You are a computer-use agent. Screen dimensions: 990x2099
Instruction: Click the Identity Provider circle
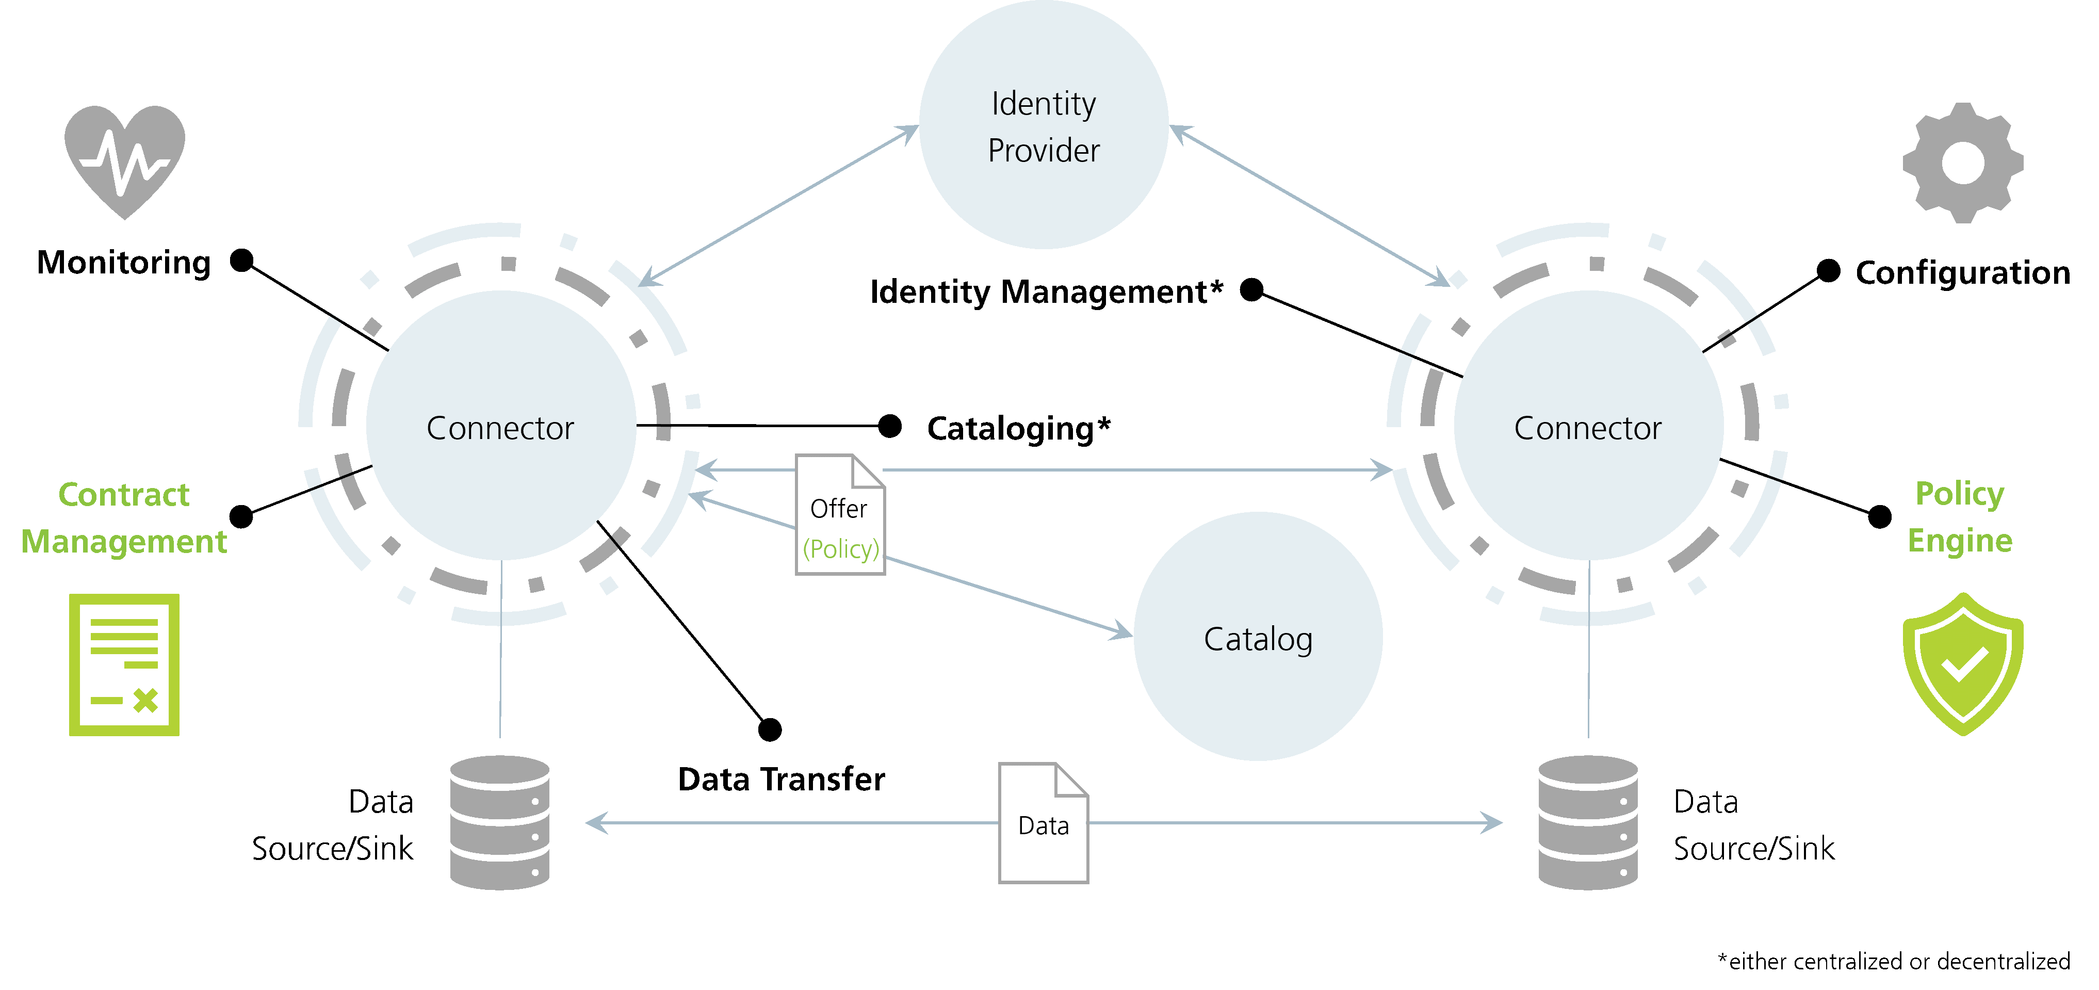[1043, 125]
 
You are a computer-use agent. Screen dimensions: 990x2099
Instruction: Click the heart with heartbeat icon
[125, 159]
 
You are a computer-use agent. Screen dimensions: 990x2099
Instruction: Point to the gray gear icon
[1962, 163]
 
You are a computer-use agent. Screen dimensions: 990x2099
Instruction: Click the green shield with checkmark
[1962, 664]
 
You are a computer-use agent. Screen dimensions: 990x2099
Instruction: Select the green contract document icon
[124, 664]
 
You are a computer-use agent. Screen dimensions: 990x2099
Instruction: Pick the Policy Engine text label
[1960, 516]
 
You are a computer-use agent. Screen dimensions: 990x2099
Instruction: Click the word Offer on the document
[838, 509]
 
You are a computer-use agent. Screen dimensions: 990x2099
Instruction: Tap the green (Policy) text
[841, 549]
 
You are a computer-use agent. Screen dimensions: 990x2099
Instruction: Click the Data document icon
[1043, 823]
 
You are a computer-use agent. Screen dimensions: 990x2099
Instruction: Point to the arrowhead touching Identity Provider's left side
[909, 131]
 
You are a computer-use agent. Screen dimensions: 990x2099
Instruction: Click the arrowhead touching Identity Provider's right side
[1179, 131]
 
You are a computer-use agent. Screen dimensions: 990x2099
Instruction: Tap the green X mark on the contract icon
[146, 701]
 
